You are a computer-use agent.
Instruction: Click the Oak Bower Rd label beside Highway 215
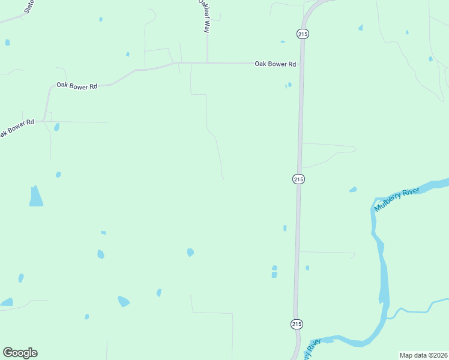276,64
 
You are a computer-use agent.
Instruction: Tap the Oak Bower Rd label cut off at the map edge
17,127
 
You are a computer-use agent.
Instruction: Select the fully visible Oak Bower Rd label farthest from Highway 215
77,86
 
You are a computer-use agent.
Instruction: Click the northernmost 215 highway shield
303,35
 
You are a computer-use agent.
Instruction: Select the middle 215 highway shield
298,179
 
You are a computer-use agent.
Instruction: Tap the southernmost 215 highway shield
297,324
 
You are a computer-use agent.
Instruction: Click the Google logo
20,353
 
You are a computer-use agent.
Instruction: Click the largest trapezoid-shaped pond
36,197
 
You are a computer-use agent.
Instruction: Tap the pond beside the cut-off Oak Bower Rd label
57,127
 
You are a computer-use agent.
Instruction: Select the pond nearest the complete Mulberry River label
353,190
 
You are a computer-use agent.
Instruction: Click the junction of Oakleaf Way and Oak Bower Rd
207,62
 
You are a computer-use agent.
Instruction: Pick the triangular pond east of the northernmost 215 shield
360,28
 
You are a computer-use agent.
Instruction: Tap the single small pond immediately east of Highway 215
307,268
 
